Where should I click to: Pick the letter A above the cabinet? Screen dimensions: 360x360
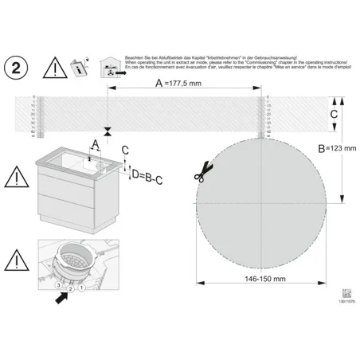tap(95, 144)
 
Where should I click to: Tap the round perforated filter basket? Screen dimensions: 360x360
tap(73, 256)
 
